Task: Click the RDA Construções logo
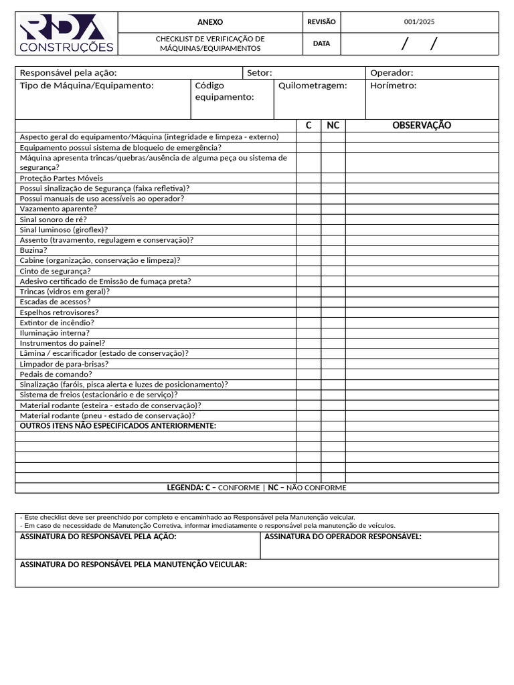66,33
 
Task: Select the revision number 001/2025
419,22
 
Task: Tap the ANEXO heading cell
210,22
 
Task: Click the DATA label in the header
321,43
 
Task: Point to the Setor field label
260,73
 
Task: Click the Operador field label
392,73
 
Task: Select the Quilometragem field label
313,86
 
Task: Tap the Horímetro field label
394,86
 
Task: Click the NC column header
333,126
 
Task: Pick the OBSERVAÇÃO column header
422,126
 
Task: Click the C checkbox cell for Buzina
309,250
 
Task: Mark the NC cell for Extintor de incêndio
333,322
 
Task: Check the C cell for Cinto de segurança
309,271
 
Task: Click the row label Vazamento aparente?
58,209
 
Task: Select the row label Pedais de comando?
56,374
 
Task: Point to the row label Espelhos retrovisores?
60,312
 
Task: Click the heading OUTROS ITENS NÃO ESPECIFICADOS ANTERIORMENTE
118,426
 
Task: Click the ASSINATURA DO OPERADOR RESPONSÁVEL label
343,536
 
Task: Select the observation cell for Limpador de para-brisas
422,364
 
